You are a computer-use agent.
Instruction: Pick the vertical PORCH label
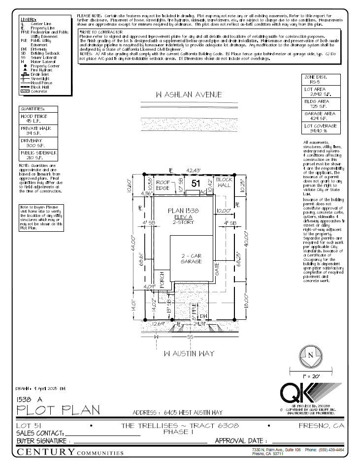point(162,280)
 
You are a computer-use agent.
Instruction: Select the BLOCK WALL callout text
point(224,183)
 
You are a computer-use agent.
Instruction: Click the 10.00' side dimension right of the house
point(224,211)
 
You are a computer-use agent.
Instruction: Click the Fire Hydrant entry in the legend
point(35,70)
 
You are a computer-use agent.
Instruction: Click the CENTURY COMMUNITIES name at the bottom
point(68,452)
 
